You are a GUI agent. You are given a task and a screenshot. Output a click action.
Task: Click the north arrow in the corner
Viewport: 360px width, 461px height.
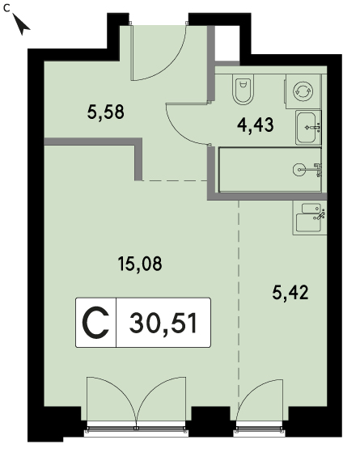20,25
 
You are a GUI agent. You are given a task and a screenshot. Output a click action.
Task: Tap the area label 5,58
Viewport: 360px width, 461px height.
106,112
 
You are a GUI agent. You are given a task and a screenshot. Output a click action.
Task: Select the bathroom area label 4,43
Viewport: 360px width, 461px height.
256,125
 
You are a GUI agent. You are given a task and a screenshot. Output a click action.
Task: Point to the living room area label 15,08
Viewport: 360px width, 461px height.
140,264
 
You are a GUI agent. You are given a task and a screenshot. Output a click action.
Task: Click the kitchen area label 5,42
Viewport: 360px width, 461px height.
290,293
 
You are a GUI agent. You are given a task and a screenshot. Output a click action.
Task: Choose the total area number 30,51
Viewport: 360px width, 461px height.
163,324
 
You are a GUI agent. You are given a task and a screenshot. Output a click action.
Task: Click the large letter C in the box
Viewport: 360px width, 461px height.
95,323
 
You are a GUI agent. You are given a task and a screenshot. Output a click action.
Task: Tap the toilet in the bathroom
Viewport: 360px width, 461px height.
243,89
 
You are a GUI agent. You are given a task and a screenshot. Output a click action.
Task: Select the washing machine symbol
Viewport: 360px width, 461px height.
303,91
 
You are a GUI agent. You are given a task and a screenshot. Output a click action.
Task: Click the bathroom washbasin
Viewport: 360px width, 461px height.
308,128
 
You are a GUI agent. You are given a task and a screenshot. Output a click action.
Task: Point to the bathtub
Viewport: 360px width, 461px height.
270,170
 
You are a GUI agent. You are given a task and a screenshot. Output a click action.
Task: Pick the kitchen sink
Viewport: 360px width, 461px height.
309,218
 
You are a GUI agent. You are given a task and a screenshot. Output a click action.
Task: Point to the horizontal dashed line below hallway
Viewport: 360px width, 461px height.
175,180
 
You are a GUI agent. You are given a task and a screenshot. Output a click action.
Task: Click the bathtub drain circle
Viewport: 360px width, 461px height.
299,170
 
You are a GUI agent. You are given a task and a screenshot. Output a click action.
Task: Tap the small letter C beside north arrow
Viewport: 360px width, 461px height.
6,8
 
